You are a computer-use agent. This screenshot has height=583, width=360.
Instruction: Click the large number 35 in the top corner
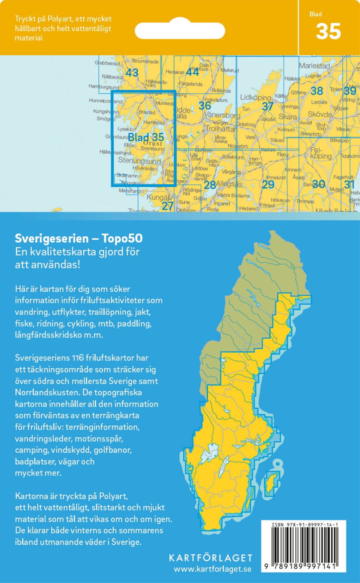[x=328, y=32]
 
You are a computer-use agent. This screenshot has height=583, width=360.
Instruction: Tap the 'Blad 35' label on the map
[x=145, y=137]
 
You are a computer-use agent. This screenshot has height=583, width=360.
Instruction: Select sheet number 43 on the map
[x=131, y=73]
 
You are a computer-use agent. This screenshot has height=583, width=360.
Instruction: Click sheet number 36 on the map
[x=204, y=105]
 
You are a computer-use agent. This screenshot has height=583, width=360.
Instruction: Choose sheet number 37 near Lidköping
[x=268, y=106]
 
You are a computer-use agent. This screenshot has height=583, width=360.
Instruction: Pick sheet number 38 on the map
[x=316, y=91]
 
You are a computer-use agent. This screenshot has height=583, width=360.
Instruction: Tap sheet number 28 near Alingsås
[x=209, y=185]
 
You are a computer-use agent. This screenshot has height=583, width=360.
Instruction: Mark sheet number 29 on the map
[x=268, y=185]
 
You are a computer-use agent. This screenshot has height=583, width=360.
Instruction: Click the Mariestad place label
[x=315, y=65]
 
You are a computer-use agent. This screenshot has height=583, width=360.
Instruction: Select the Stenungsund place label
[x=139, y=161]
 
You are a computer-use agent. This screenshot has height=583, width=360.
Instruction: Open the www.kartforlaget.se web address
[x=212, y=569]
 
